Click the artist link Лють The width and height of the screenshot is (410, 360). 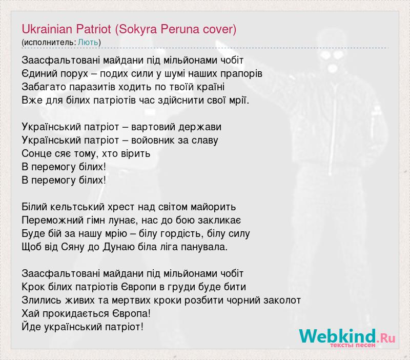click(88, 42)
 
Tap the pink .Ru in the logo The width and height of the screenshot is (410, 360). click(386, 337)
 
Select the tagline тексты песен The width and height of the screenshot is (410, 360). click(353, 345)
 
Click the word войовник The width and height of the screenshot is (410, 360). click(152, 141)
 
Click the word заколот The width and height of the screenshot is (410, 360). click(282, 301)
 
